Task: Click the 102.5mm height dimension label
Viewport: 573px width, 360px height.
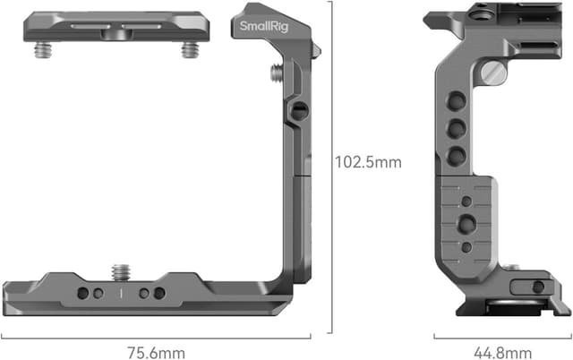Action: click(368, 163)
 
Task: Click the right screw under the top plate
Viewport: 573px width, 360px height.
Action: click(188, 50)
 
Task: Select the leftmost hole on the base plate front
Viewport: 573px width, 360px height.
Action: click(81, 293)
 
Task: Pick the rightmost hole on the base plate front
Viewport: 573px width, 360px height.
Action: click(159, 293)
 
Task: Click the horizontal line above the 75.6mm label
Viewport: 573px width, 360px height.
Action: click(167, 337)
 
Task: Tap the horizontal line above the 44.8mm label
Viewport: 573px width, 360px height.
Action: click(500, 337)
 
